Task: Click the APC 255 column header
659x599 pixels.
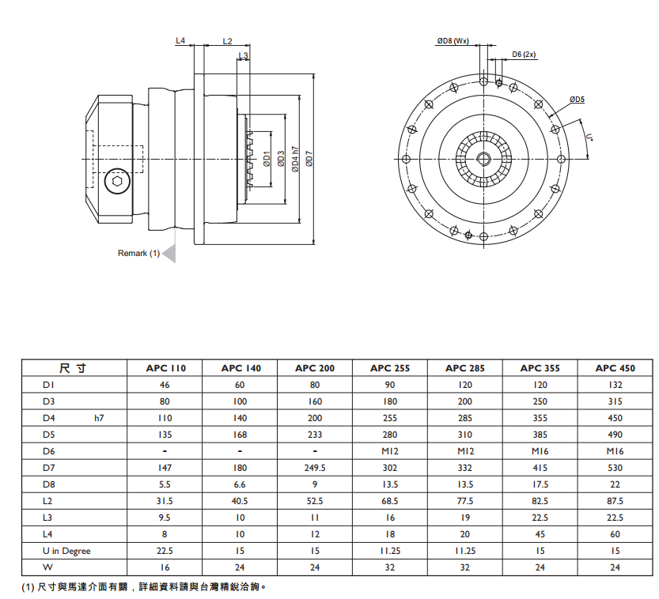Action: tap(390, 367)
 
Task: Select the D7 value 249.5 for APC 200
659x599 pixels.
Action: tap(316, 467)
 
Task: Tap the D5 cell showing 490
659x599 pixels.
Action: tap(615, 434)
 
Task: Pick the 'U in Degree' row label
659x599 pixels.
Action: tap(66, 551)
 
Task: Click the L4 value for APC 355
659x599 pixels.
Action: tap(540, 534)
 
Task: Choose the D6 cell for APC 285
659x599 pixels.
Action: tap(464, 450)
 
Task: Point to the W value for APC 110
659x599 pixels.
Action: tap(165, 567)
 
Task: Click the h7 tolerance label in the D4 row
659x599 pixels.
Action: tap(99, 417)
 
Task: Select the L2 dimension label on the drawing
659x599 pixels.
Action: tap(227, 40)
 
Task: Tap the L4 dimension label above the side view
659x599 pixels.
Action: tap(180, 40)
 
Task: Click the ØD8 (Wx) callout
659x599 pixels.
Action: tap(453, 41)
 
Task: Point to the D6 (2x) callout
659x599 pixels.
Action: tap(524, 55)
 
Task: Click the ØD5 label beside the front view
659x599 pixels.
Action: tap(576, 100)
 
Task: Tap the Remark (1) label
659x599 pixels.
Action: tap(138, 254)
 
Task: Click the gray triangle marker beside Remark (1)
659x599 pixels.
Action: tap(169, 254)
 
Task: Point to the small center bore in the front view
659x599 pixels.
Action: tap(483, 158)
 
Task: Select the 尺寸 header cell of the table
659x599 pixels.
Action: tap(73, 367)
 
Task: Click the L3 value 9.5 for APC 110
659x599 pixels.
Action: tap(165, 518)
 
